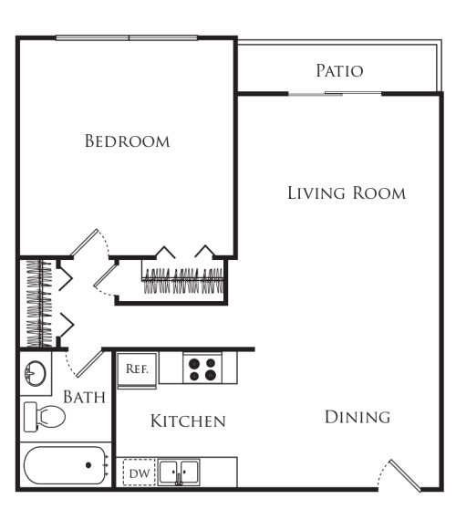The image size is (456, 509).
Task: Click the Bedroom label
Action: [x=127, y=141]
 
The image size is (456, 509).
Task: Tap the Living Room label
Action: [x=346, y=193]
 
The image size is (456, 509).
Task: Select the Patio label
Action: [x=339, y=71]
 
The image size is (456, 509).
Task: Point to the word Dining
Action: [x=358, y=417]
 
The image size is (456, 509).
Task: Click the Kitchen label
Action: [x=187, y=421]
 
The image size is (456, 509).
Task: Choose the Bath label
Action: [x=84, y=398]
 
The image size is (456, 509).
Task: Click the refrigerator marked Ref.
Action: [x=137, y=369]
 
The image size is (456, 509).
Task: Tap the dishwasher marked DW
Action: [x=139, y=473]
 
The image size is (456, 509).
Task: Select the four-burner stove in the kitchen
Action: [x=202, y=369]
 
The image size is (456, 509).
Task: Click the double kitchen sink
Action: [x=180, y=472]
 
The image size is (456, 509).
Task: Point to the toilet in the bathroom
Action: [x=46, y=415]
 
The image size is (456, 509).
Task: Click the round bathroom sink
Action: [x=36, y=374]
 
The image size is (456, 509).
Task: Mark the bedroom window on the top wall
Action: [x=127, y=37]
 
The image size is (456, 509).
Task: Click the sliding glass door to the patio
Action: [x=335, y=93]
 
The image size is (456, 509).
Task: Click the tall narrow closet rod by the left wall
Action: [x=39, y=304]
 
